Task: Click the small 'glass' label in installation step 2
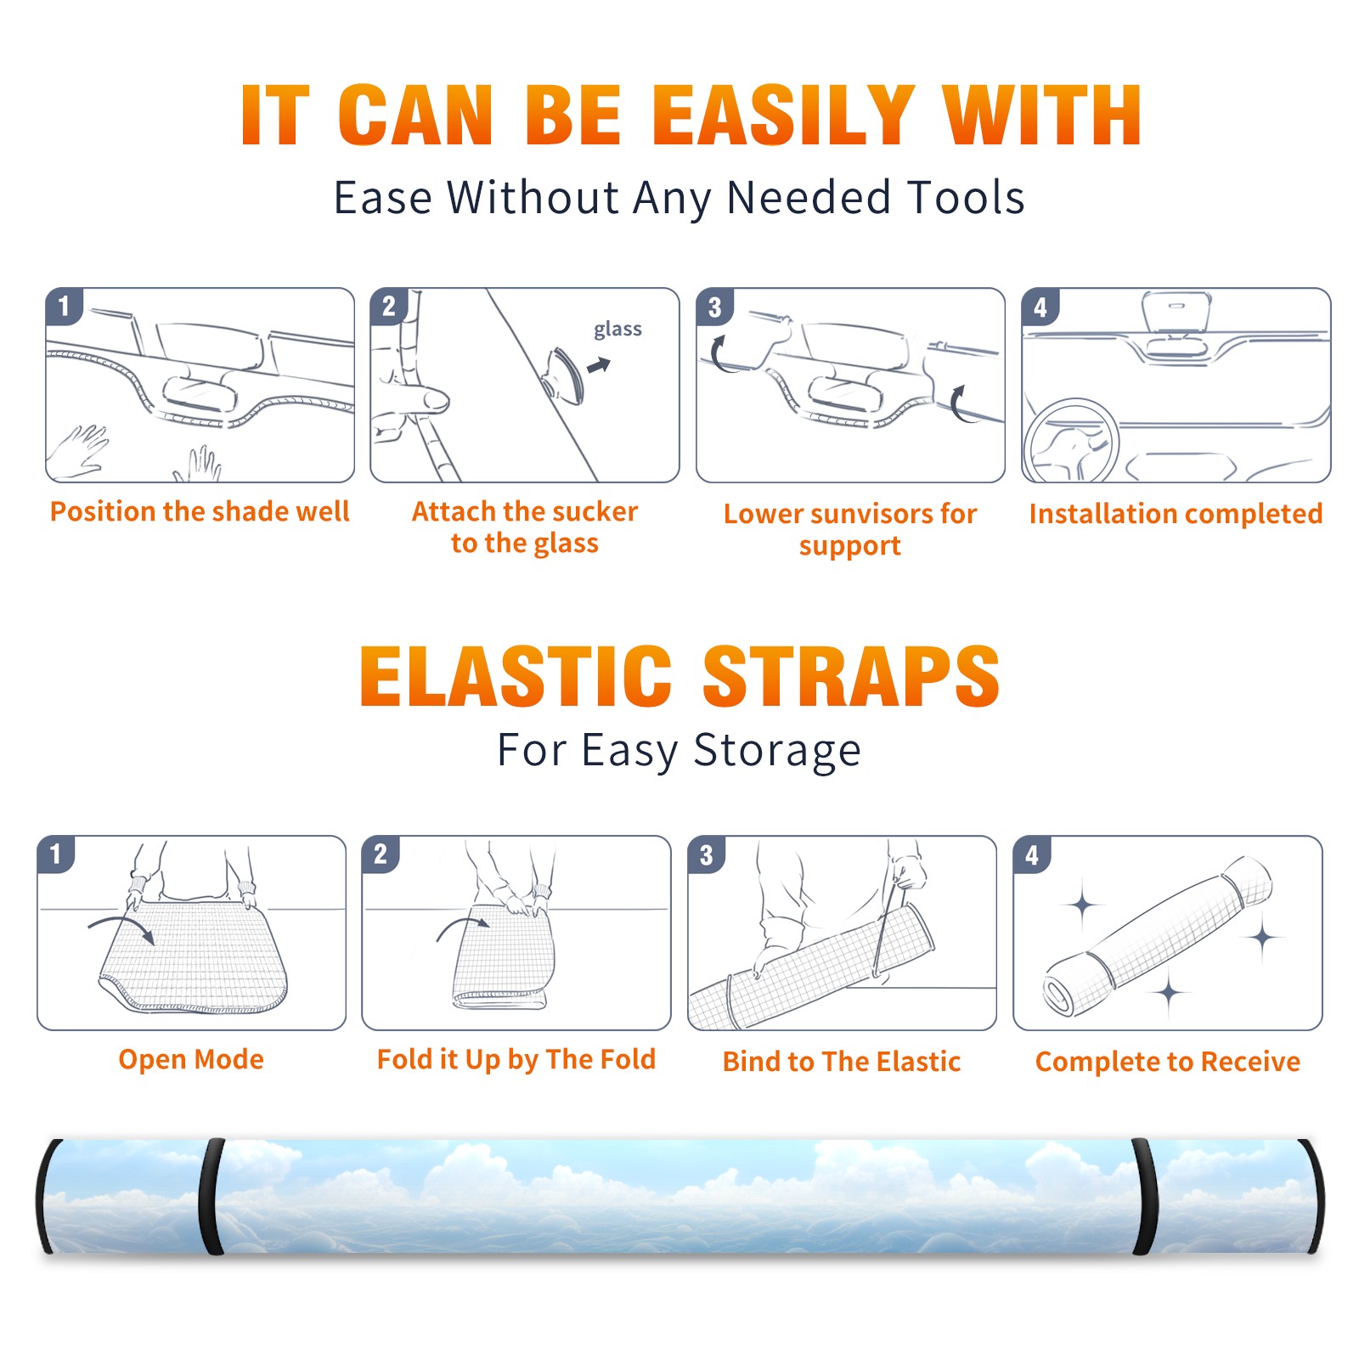tap(617, 330)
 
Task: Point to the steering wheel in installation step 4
tap(1072, 441)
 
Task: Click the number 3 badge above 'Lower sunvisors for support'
tap(714, 307)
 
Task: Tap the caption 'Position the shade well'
tap(200, 511)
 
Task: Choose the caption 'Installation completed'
tap(1176, 514)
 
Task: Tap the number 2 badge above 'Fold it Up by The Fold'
tap(381, 854)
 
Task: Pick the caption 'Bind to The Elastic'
tap(842, 1062)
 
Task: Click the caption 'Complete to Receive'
tap(1168, 1062)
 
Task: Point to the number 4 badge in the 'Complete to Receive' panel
tap(1032, 854)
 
